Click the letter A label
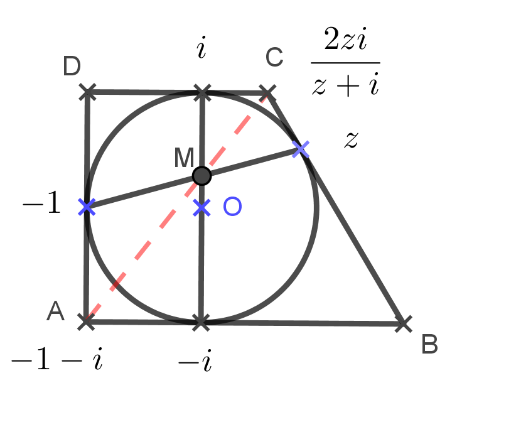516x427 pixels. point(56,311)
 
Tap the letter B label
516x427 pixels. point(429,344)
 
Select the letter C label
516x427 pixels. point(274,57)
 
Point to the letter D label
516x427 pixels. point(72,66)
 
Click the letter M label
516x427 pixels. point(185,158)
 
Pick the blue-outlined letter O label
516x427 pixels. point(233,206)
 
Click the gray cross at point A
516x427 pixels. point(85,322)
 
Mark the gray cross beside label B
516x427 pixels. point(403,324)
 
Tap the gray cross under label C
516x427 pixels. point(267,93)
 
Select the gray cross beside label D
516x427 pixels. point(87,92)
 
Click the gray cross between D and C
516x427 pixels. point(202,93)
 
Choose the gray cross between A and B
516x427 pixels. point(200,323)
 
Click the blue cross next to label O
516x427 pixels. point(202,208)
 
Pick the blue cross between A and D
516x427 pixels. point(87,207)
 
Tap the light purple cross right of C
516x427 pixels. point(301,149)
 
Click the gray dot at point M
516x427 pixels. point(202,176)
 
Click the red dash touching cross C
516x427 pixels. point(258,105)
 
